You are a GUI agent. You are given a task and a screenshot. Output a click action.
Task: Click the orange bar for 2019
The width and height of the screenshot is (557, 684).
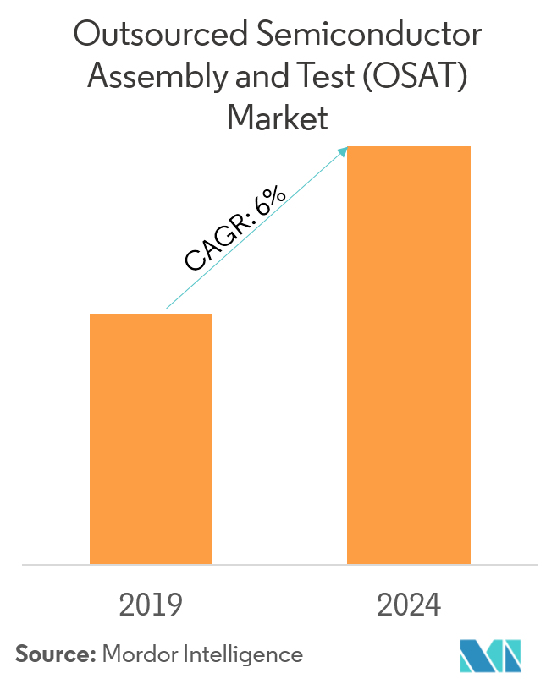(151, 438)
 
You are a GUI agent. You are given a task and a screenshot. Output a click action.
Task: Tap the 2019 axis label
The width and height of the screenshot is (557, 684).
(151, 605)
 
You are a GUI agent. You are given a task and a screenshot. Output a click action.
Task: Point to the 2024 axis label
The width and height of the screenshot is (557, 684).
(409, 605)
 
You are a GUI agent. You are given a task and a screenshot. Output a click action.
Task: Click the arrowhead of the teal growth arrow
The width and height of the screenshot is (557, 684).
(344, 150)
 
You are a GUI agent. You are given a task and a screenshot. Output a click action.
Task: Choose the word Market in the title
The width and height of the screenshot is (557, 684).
(278, 118)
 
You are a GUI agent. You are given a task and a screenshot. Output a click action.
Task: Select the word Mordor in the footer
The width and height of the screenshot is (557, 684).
(135, 654)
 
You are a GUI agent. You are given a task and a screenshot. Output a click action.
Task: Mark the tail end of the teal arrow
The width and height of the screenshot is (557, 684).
(167, 309)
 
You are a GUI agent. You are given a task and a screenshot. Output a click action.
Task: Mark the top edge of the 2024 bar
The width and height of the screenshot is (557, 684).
(409, 147)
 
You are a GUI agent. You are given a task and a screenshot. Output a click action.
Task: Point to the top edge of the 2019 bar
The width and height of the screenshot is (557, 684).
(151, 315)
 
